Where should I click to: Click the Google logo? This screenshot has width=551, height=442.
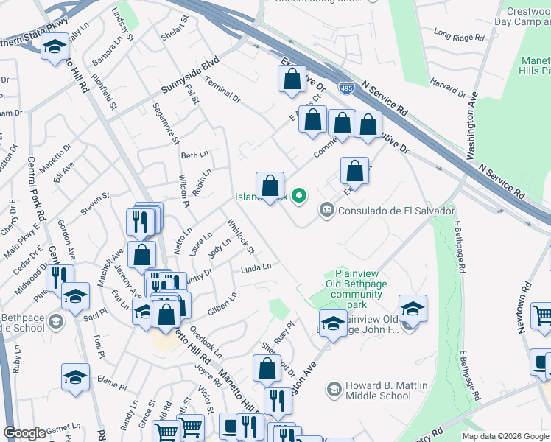pyautogui.click(x=25, y=433)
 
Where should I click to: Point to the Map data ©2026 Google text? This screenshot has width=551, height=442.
pyautogui.click(x=505, y=436)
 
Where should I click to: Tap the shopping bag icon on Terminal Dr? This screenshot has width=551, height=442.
pyautogui.click(x=292, y=80)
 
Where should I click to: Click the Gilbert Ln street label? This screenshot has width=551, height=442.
pyautogui.click(x=222, y=305)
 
